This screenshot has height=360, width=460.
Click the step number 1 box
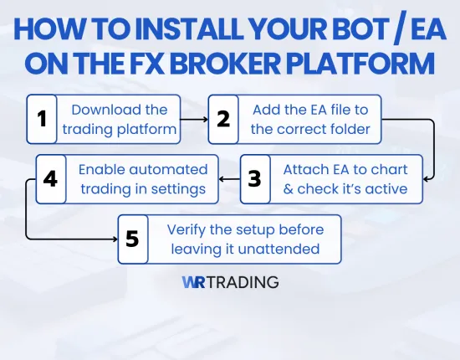pos(42,119)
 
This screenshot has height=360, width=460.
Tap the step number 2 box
pos(222,119)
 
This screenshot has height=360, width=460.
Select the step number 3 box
pos(255,179)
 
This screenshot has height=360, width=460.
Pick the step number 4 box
pos(49,179)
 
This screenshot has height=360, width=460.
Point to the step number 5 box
pos(132,239)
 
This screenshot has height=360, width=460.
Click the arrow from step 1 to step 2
pos(194,120)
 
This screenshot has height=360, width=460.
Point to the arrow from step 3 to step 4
pos(229,179)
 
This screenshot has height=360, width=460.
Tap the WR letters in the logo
pos(194,282)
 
